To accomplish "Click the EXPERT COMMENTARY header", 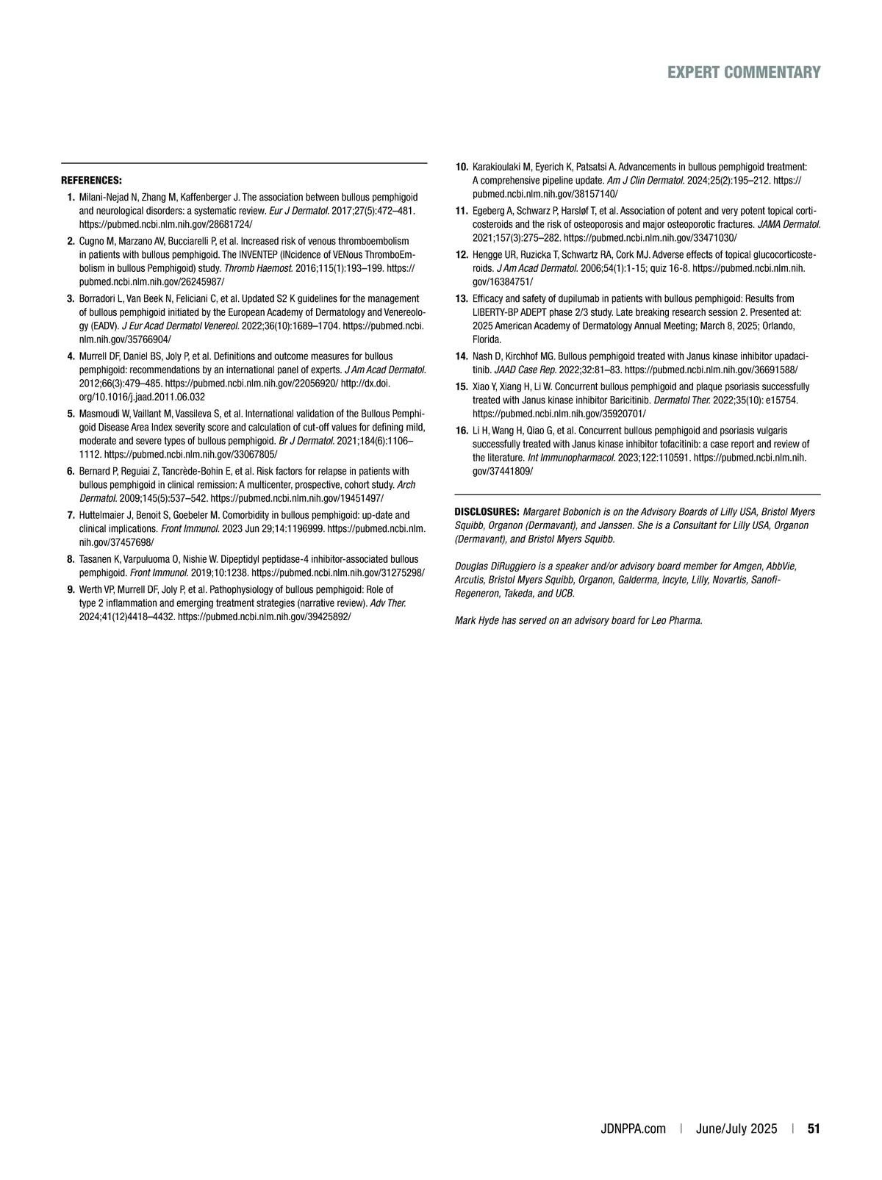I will pyautogui.click(x=744, y=72).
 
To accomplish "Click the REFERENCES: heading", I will pyautogui.click(x=91, y=180).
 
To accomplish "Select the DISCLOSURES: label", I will pyautogui.click(x=487, y=511).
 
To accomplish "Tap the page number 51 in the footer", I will pyautogui.click(x=814, y=1129).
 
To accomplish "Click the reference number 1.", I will pyautogui.click(x=71, y=198).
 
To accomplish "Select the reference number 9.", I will pyautogui.click(x=71, y=589).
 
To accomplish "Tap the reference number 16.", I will pyautogui.click(x=462, y=431).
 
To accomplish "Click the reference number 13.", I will pyautogui.click(x=462, y=299).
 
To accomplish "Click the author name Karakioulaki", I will pyautogui.click(x=497, y=167).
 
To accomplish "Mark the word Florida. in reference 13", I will pyautogui.click(x=487, y=339).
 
